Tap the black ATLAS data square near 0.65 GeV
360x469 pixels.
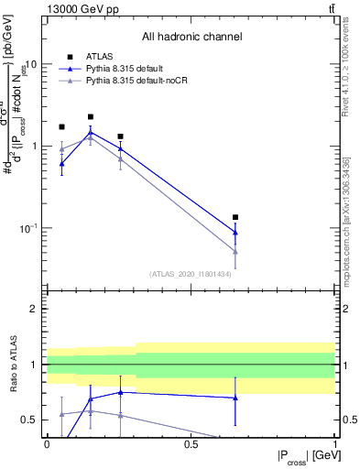pyautogui.click(x=235, y=217)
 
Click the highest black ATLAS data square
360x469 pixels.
pyautogui.click(x=91, y=117)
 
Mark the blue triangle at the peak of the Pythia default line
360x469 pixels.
pyautogui.click(x=91, y=133)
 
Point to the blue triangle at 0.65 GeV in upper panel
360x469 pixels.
pyautogui.click(x=235, y=232)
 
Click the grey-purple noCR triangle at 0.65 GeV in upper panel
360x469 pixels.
pyautogui.click(x=235, y=251)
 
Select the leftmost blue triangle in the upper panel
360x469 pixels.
pyautogui.click(x=61, y=164)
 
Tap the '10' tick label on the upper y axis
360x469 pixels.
pyautogui.click(x=31, y=65)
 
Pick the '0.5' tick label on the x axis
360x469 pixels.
pyautogui.click(x=191, y=443)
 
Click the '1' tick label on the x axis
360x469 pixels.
pyautogui.click(x=334, y=443)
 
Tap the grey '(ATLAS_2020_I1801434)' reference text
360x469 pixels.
pyautogui.click(x=191, y=273)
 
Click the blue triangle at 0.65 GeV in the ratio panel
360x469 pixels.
pyautogui.click(x=235, y=398)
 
